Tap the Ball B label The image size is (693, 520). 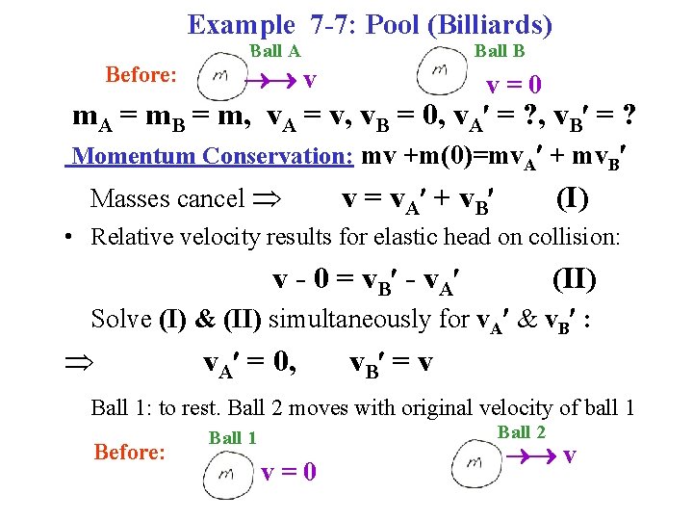pyautogui.click(x=500, y=51)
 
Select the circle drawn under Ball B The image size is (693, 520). pyautogui.click(x=441, y=73)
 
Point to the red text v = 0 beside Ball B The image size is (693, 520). pyautogui.click(x=513, y=85)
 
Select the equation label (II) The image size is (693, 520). pyautogui.click(x=574, y=279)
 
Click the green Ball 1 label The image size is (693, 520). pyautogui.click(x=232, y=438)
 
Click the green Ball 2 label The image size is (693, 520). pyautogui.click(x=521, y=432)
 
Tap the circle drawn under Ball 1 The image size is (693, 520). pyautogui.click(x=227, y=473)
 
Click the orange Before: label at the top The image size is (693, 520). pyautogui.click(x=141, y=74)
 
